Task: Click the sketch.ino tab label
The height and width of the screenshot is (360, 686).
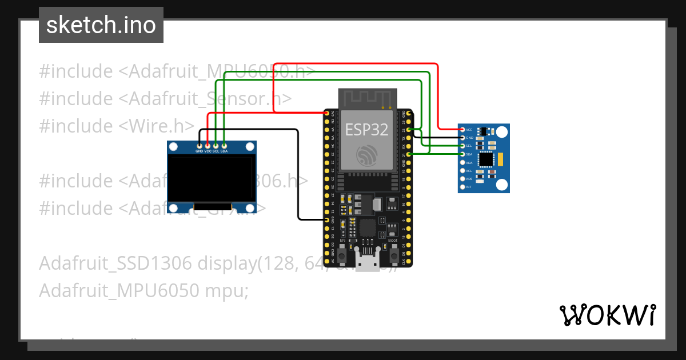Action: (101, 25)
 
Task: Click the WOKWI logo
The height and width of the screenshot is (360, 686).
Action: (607, 315)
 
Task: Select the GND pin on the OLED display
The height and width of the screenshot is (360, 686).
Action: (199, 146)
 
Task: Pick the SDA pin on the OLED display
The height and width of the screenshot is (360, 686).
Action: (224, 146)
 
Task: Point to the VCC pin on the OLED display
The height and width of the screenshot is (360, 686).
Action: (208, 146)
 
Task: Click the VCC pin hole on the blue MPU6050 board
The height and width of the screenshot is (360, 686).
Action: (462, 130)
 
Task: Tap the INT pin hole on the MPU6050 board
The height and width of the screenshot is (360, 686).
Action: (462, 187)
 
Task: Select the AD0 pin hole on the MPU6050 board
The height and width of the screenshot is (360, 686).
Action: (462, 179)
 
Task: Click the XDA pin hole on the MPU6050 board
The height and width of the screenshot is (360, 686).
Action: (462, 162)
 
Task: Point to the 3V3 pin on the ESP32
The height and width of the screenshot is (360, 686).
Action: (327, 114)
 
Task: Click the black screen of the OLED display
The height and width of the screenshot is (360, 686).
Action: (212, 178)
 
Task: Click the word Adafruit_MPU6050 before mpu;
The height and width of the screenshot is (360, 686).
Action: (119, 290)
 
